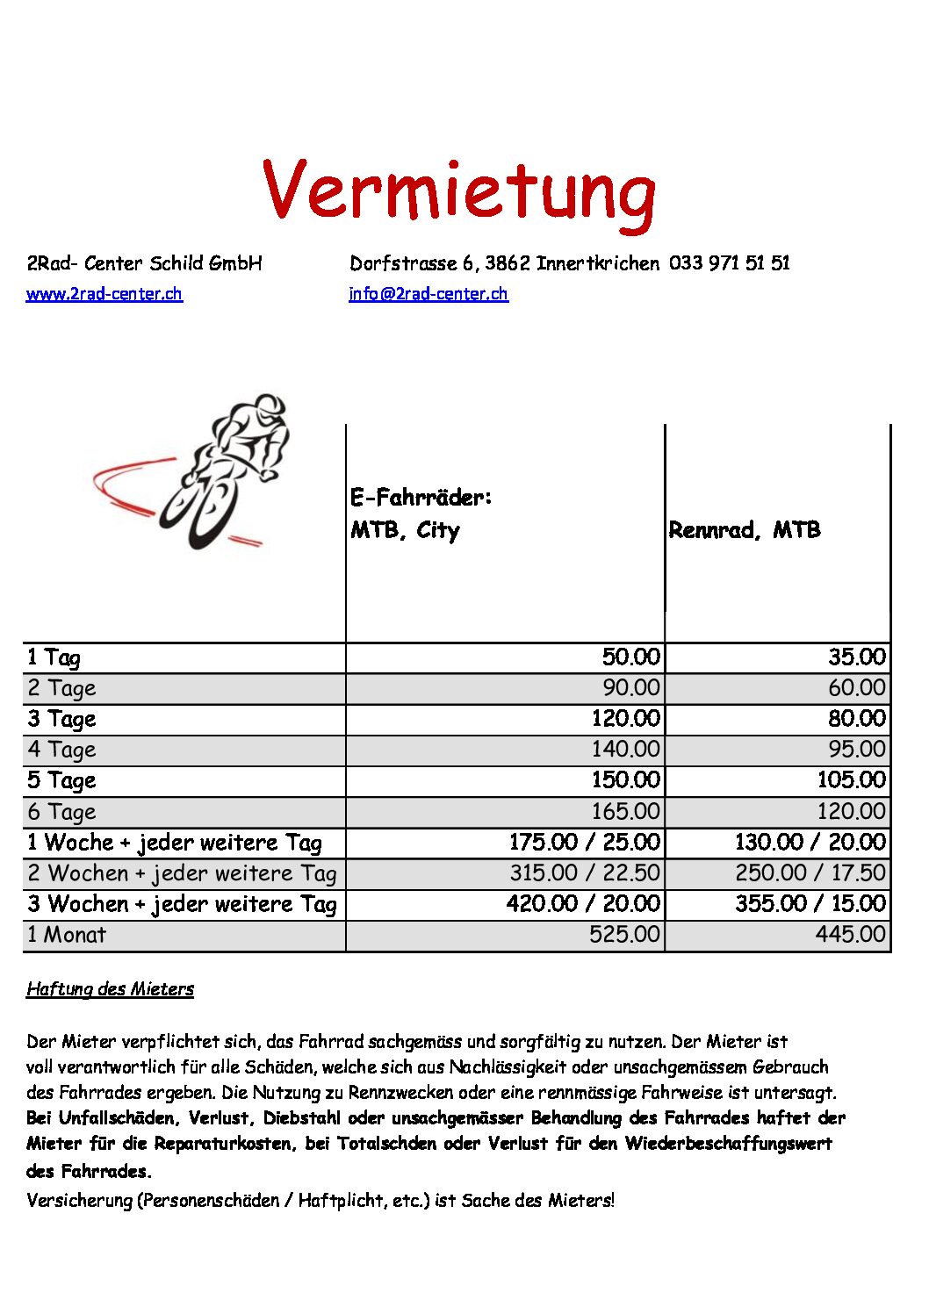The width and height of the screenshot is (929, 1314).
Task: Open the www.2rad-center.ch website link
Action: tap(104, 294)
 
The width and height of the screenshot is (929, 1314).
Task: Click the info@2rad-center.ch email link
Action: tap(428, 294)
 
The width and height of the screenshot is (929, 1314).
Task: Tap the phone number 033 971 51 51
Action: tap(729, 263)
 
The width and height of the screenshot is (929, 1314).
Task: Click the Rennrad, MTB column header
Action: tap(745, 530)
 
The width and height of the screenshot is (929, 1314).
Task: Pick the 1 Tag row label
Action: tap(54, 657)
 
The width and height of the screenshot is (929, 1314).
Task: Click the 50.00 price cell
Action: tap(630, 657)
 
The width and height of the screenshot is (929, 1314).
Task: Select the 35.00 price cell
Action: tap(856, 657)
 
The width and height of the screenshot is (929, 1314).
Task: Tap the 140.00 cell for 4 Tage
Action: tap(625, 750)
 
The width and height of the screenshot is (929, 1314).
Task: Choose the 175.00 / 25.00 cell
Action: tap(584, 843)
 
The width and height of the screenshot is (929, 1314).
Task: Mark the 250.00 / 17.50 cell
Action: tap(810, 873)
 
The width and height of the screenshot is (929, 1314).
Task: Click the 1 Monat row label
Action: tap(66, 935)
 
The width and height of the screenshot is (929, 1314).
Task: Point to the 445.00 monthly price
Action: tap(850, 935)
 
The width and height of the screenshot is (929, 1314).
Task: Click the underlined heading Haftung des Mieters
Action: tap(110, 989)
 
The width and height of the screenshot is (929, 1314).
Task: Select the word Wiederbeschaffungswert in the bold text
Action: tap(728, 1144)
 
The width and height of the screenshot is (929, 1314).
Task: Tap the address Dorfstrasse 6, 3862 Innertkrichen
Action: tap(504, 263)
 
